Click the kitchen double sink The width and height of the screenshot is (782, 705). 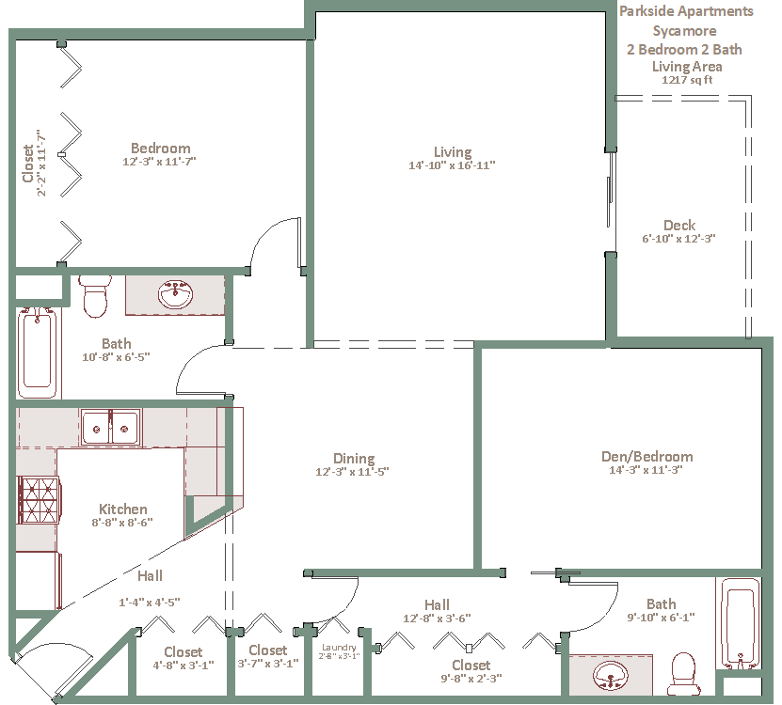click(110, 427)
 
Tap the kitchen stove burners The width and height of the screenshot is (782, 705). click(39, 500)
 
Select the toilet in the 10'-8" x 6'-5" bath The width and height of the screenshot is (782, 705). click(95, 296)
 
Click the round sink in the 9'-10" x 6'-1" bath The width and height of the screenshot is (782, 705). click(610, 676)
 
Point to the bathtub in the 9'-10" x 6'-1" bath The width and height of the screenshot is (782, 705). click(740, 623)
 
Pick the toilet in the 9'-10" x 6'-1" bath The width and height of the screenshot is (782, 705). click(684, 674)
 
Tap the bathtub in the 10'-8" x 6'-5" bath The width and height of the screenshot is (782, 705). click(38, 353)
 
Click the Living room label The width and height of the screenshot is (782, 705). click(453, 152)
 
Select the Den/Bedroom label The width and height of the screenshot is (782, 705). click(646, 457)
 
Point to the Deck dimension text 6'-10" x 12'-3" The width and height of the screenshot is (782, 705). click(678, 239)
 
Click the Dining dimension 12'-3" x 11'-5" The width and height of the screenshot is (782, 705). click(352, 471)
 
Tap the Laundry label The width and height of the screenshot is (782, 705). click(339, 648)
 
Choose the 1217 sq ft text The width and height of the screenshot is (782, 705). click(687, 80)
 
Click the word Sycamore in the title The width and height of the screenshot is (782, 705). click(685, 31)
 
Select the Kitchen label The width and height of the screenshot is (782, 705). click(123, 509)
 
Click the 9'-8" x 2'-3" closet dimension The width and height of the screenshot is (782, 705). click(471, 678)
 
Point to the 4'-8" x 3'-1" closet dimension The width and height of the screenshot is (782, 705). click(184, 666)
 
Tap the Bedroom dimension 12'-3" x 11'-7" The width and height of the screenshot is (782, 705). click(160, 162)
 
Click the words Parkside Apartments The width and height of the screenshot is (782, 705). click(686, 11)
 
